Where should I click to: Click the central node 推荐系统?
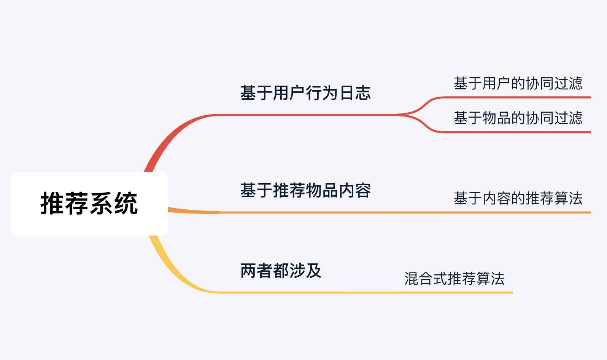tap(89, 204)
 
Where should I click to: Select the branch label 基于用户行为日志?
tap(305, 93)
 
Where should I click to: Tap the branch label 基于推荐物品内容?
tap(305, 190)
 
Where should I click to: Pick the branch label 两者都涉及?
tap(281, 271)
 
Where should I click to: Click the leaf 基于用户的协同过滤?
tap(518, 83)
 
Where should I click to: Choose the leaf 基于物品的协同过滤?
tap(518, 118)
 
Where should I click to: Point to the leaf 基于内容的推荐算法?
tap(518, 198)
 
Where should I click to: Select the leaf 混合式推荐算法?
tap(454, 279)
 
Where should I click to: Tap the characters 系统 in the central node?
tap(113, 204)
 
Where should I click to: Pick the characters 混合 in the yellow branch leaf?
tap(419, 279)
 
